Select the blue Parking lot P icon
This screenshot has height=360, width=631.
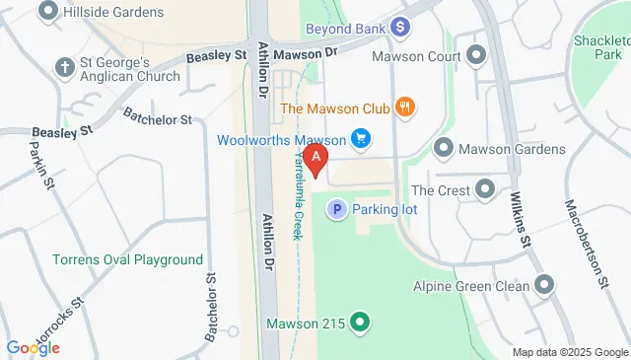point(336,209)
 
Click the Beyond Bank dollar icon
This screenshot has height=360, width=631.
point(399,27)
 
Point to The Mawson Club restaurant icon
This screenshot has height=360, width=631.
point(402,107)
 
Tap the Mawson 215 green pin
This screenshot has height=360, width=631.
point(360,322)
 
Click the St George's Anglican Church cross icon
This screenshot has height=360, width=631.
point(66,68)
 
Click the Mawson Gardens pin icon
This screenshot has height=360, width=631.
point(443,149)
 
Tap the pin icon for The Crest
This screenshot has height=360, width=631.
point(484,189)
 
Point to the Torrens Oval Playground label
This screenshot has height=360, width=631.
point(127,259)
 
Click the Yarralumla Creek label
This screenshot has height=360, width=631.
point(296,197)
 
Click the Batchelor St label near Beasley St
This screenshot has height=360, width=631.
point(158,119)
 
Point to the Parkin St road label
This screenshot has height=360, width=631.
point(39,162)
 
